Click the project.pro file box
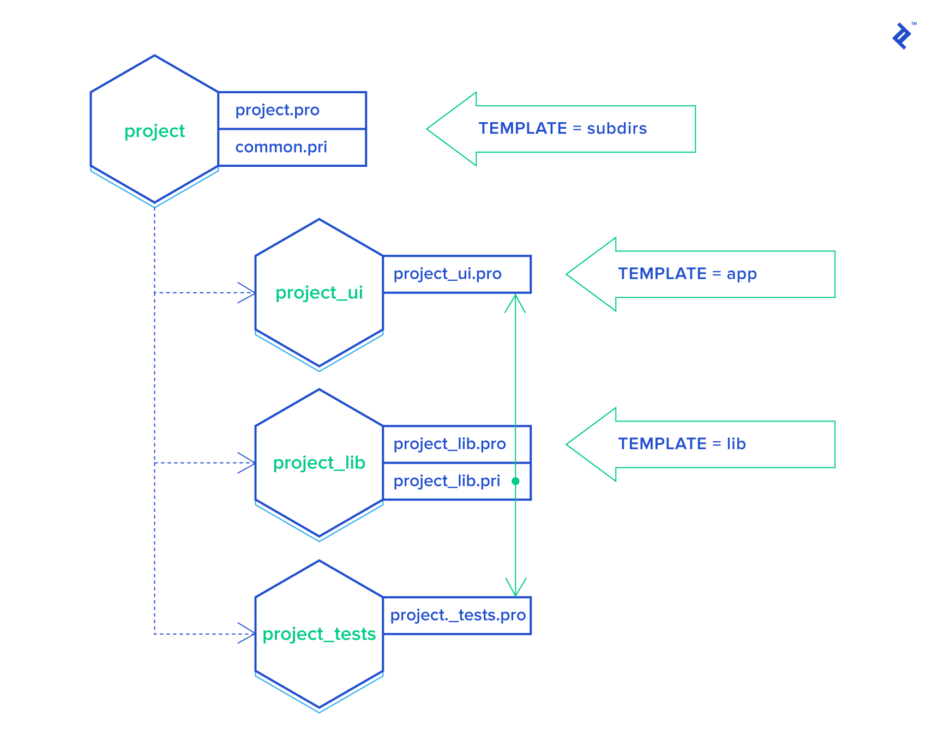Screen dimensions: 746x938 pyautogui.click(x=292, y=110)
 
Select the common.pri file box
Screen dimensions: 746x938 pyautogui.click(x=292, y=147)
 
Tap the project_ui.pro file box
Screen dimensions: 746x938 pyautogui.click(x=456, y=274)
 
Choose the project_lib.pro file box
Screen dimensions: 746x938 pyautogui.click(x=456, y=444)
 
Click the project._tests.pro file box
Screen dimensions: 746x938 pyautogui.click(x=456, y=615)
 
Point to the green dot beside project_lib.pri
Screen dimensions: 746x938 pyautogui.click(x=515, y=481)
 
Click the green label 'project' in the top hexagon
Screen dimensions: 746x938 pyautogui.click(x=155, y=131)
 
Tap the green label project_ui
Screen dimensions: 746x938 pyautogui.click(x=319, y=293)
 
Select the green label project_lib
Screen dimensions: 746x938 pyautogui.click(x=319, y=463)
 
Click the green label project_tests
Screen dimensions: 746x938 pyautogui.click(x=319, y=634)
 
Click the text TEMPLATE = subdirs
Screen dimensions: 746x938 pyautogui.click(x=562, y=129)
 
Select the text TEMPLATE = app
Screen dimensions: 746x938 pyautogui.click(x=687, y=274)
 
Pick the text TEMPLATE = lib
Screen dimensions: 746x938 pyautogui.click(x=682, y=444)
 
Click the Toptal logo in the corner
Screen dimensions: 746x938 pyautogui.click(x=903, y=36)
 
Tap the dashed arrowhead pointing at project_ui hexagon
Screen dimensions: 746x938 pyautogui.click(x=248, y=293)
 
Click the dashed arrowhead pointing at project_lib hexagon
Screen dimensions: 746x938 pyautogui.click(x=248, y=463)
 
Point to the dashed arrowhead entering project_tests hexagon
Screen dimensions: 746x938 pyautogui.click(x=248, y=634)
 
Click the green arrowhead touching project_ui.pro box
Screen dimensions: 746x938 pyautogui.click(x=515, y=303)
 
